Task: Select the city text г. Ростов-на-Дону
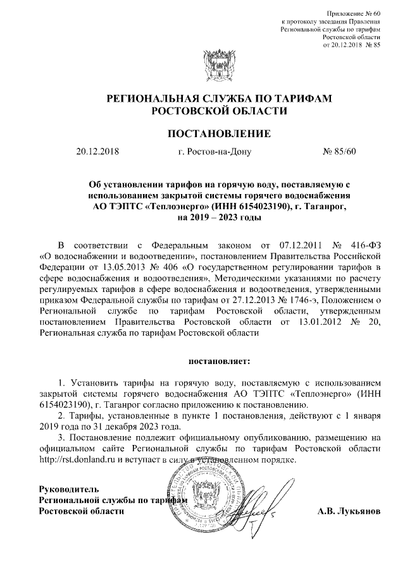coord(215,152)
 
